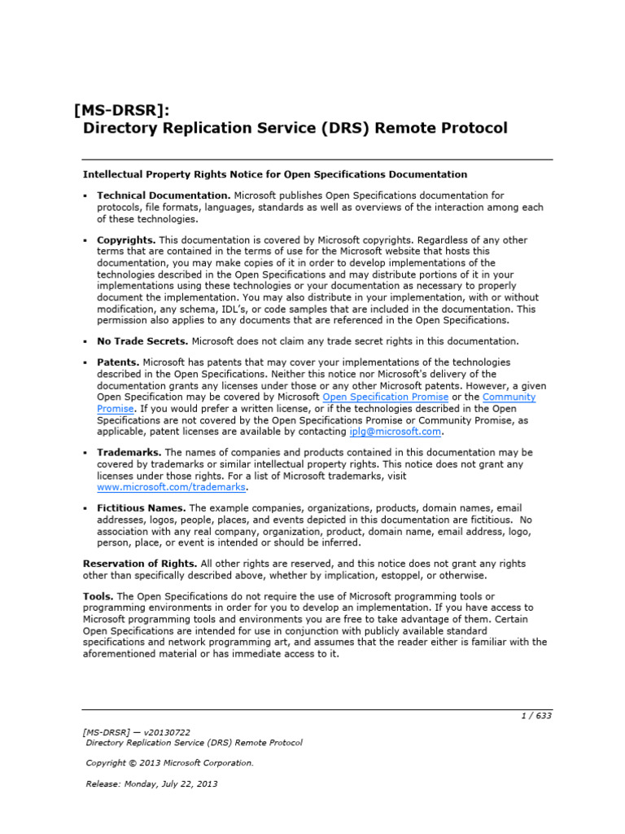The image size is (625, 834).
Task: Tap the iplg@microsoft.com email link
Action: pyautogui.click(x=395, y=432)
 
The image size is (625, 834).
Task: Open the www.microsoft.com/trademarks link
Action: pyautogui.click(x=171, y=487)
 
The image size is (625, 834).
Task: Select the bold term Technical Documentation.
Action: pyautogui.click(x=164, y=195)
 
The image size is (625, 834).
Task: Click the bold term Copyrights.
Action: pyautogui.click(x=126, y=240)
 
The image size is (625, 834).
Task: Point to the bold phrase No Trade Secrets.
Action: pyautogui.click(x=142, y=341)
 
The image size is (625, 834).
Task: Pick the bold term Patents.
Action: pyautogui.click(x=118, y=362)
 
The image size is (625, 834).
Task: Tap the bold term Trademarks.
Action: pyautogui.click(x=129, y=452)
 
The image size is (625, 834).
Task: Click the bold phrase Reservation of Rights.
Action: pyautogui.click(x=140, y=564)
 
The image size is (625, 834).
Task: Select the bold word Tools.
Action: pyautogui.click(x=98, y=596)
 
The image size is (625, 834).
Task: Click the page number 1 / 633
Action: pyautogui.click(x=535, y=716)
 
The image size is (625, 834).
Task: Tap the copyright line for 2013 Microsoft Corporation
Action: pyautogui.click(x=170, y=763)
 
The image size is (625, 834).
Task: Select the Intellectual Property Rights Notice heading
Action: pyautogui.click(x=275, y=174)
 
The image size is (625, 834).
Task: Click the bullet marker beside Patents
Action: pyautogui.click(x=85, y=362)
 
